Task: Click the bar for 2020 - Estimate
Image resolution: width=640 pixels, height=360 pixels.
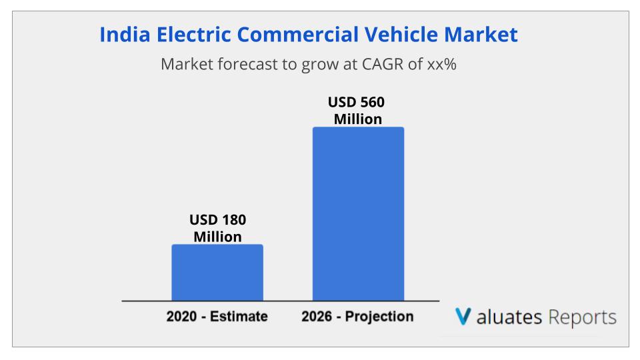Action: tap(217, 273)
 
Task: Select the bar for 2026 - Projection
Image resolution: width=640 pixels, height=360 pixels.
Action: tap(358, 214)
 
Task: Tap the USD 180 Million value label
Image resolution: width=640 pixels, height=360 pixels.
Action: tap(217, 228)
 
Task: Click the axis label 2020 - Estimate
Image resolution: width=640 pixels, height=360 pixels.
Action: tap(217, 316)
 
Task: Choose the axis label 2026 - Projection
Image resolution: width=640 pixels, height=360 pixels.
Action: tap(357, 316)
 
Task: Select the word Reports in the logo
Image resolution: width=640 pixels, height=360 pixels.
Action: tap(582, 317)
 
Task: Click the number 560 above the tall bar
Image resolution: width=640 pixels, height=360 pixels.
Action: tap(372, 103)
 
